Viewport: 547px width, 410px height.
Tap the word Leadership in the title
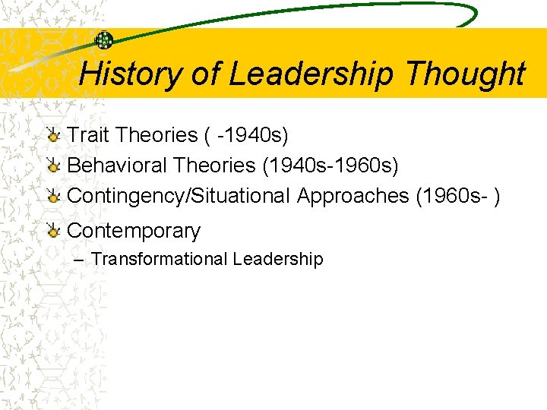click(312, 74)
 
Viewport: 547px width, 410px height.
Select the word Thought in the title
click(465, 74)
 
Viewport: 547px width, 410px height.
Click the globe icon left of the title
click(103, 40)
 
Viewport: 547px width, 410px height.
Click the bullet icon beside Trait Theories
click(53, 136)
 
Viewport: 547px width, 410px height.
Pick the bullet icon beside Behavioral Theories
click(53, 166)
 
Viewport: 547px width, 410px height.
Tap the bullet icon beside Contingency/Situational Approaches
click(53, 196)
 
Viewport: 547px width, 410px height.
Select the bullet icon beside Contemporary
click(53, 232)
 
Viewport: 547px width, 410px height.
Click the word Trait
click(87, 135)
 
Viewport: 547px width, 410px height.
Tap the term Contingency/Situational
click(179, 196)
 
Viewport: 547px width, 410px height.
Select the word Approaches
click(353, 196)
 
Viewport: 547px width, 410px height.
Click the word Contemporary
click(134, 231)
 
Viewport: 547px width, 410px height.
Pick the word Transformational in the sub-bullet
click(159, 259)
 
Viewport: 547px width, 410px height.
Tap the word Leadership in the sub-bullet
click(278, 259)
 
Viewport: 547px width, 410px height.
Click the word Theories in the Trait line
click(157, 135)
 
